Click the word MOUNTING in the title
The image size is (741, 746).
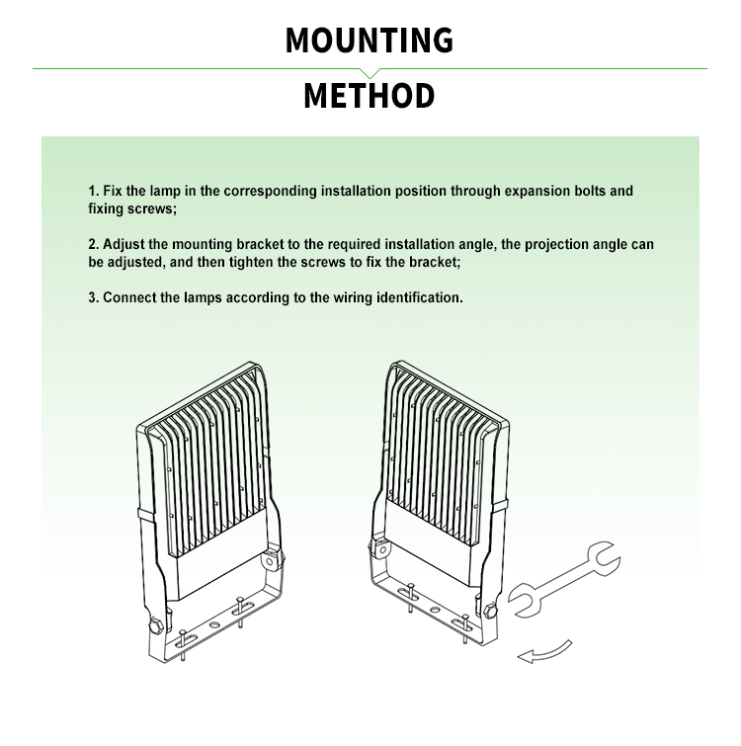coord(370,40)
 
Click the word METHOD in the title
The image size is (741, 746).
coord(369,96)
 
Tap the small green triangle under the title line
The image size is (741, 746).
coord(370,73)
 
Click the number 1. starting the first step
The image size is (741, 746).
coord(94,191)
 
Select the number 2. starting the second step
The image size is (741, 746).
coord(94,244)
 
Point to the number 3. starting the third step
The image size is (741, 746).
coord(94,296)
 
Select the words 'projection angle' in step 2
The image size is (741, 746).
coord(549,244)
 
